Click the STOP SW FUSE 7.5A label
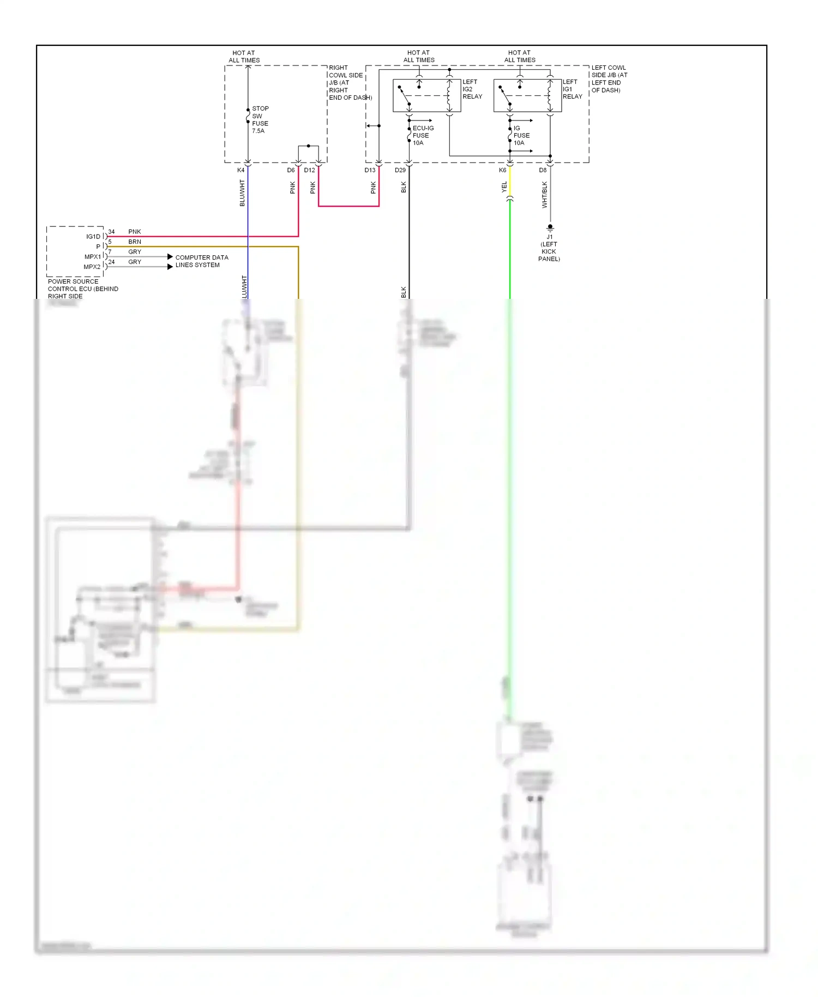(260, 119)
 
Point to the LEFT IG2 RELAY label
(472, 89)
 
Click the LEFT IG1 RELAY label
(572, 89)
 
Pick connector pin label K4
(240, 170)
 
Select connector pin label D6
(291, 170)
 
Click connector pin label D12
(309, 170)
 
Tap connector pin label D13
(370, 170)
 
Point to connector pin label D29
(400, 170)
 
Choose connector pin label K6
(502, 170)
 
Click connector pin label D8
(543, 170)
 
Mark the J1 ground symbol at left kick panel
(550, 227)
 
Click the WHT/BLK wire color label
(544, 195)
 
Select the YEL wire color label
(504, 187)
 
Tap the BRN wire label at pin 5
(135, 242)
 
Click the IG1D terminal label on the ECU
(93, 237)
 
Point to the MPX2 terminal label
(92, 267)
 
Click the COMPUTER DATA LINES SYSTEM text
(201, 261)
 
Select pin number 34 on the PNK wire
(111, 232)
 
